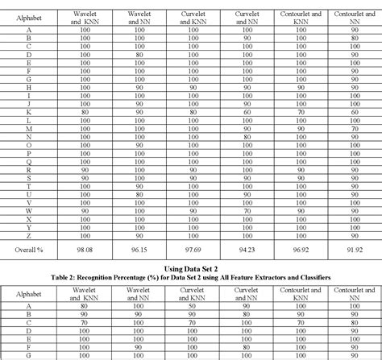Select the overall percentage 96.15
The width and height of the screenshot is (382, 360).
(139, 251)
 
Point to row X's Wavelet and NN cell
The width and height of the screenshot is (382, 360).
(139, 219)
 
